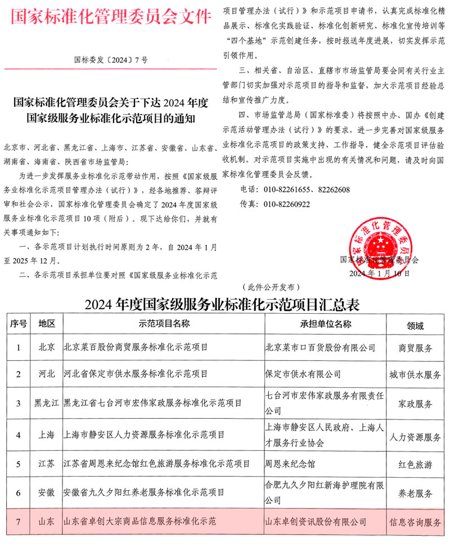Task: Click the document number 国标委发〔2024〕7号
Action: point(111,58)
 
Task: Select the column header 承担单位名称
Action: point(326,324)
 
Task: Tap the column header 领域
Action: point(416,326)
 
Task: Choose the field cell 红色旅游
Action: point(416,464)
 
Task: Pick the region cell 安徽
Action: point(47,493)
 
